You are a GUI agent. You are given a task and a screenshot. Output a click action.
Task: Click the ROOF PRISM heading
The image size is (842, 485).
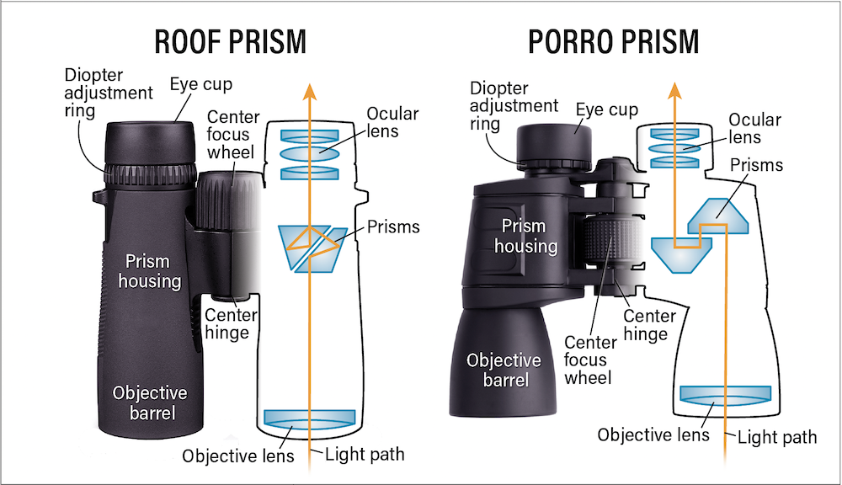(231, 42)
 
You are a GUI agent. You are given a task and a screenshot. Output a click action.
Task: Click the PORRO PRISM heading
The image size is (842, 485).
(614, 42)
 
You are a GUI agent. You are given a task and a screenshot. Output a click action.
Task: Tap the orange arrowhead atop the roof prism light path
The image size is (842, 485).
(309, 92)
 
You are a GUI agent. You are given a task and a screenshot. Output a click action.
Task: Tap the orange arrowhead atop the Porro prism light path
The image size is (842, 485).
(674, 91)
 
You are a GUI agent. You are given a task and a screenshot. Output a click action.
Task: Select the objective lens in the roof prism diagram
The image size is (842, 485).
(310, 419)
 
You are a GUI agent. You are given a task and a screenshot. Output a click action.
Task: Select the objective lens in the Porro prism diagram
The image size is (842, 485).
(726, 395)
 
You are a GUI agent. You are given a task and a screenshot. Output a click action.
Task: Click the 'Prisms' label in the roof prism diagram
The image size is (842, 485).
(393, 227)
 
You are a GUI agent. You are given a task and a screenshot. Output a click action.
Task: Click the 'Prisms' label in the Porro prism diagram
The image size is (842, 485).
(756, 165)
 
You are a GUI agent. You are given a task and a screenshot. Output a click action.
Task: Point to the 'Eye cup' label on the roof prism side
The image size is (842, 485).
(201, 84)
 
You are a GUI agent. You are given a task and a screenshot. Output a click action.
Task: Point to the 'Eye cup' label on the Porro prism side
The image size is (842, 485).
(607, 109)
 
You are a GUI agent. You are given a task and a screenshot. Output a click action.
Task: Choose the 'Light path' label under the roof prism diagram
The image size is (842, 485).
(365, 455)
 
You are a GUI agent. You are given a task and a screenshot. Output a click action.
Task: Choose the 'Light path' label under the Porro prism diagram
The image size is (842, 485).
(777, 437)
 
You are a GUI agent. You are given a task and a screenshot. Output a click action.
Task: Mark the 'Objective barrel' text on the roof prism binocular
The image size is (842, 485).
(150, 402)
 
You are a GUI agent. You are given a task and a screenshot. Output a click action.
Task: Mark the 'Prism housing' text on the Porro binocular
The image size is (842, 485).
(525, 236)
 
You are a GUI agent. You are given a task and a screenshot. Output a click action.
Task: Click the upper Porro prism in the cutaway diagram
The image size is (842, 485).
(718, 216)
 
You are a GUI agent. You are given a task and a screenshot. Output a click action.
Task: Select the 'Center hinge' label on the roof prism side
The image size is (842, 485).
(230, 324)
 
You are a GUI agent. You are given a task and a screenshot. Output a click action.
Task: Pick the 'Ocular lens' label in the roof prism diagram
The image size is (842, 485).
(392, 122)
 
